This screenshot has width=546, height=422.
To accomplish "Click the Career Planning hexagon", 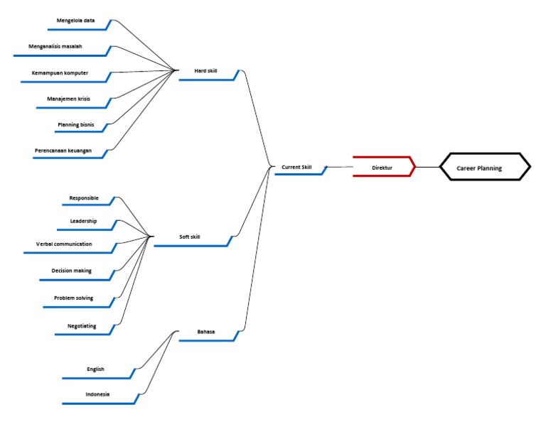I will coord(484,168).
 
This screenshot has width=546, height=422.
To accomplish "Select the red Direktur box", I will coord(382,168).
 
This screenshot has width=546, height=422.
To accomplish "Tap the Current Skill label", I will coord(296,167).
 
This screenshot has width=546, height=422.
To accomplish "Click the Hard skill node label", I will coord(206,71).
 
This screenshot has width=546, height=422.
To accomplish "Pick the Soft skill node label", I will coord(190,237).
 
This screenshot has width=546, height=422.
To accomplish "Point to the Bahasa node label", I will coord(206,332).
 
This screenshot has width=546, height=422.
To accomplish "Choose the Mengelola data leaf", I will coord(76,21).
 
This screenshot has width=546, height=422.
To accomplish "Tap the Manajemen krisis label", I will coord(70,99).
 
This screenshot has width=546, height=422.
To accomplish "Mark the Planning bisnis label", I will coord(76,124).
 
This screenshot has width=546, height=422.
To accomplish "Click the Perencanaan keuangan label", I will coord(63,151).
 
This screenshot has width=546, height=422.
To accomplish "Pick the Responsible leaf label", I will coord(84,198).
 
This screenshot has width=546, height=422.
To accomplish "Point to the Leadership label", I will coord(84,221).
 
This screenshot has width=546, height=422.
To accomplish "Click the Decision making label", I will coord(72,271).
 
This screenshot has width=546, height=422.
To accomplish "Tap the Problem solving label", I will coord(74,298).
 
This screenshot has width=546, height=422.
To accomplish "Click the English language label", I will coord(96,369).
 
